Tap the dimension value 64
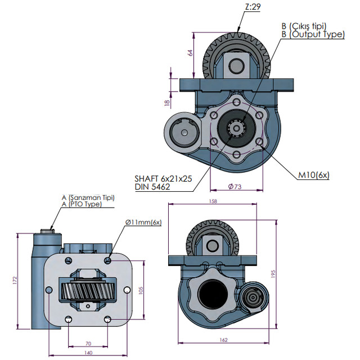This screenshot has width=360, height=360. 191,53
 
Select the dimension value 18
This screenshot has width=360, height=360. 166,103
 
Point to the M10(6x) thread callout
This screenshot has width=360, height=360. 313,175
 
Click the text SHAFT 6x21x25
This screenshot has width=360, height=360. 163,178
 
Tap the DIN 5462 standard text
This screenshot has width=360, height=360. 152,186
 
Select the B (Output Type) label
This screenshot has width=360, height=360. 313,34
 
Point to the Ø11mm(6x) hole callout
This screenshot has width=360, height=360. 143,222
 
